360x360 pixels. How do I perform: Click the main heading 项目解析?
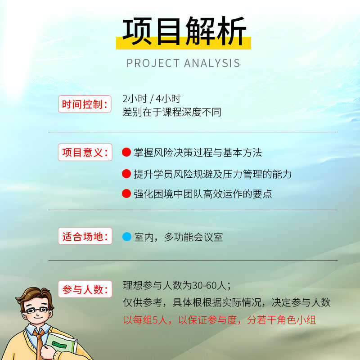click(x=184, y=31)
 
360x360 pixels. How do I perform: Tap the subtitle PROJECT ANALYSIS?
click(x=184, y=63)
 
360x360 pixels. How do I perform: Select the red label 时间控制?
click(x=85, y=104)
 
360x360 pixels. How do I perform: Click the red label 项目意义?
click(x=85, y=153)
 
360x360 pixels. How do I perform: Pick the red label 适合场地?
click(x=85, y=236)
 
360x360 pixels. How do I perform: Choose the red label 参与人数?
click(x=85, y=289)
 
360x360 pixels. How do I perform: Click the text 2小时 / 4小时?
click(x=152, y=99)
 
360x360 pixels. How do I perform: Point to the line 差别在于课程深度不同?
click(x=172, y=112)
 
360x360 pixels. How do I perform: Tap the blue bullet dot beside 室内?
click(x=127, y=237)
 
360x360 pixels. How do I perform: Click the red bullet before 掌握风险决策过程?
click(x=126, y=152)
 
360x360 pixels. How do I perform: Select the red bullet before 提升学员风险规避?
click(x=126, y=174)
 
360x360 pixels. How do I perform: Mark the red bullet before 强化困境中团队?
click(x=126, y=193)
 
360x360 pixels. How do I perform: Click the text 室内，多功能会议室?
click(x=178, y=237)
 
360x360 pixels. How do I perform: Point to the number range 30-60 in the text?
click(x=204, y=286)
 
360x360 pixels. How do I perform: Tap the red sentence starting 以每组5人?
click(x=220, y=320)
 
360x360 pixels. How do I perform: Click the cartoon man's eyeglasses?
click(x=37, y=310)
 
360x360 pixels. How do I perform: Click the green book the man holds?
click(x=62, y=344)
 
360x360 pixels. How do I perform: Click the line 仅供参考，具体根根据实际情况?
click(x=227, y=302)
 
